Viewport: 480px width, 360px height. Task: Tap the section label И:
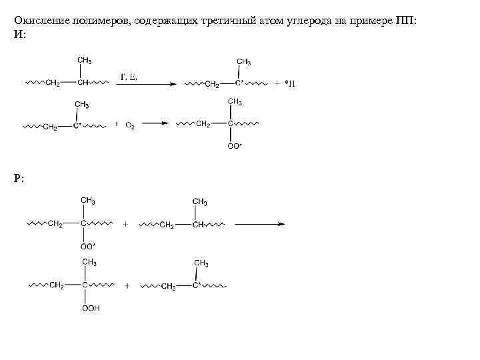(19, 33)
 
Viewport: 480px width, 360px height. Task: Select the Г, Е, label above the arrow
(129, 77)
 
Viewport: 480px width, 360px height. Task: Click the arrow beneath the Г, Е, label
(148, 84)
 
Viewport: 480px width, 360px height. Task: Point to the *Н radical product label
(289, 85)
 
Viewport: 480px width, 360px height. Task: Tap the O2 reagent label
(129, 125)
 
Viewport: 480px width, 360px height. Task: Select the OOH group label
(91, 308)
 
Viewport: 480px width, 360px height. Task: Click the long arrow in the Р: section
(260, 224)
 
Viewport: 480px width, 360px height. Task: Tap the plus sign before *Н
(277, 84)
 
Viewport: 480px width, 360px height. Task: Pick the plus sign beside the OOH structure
(127, 285)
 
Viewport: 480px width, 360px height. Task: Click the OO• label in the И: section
(235, 145)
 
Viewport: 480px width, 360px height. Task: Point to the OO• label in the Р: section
(88, 245)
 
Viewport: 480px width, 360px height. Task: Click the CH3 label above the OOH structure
(89, 262)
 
